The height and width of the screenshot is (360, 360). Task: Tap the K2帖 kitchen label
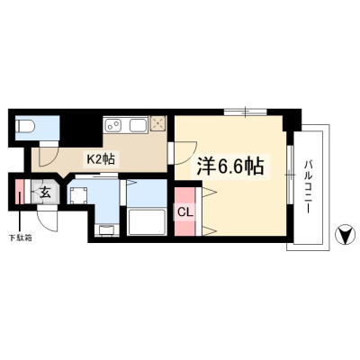tap(101, 159)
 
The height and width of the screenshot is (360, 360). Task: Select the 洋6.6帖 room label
tap(230, 166)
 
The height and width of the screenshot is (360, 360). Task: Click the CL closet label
tap(184, 212)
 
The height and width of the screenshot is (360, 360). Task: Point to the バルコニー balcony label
tap(308, 186)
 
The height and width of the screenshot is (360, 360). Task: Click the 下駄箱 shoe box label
tap(20, 238)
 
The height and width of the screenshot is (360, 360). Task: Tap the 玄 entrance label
tap(45, 193)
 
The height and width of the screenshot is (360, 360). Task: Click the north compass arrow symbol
tap(346, 234)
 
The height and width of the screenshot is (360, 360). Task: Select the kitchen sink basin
tap(139, 125)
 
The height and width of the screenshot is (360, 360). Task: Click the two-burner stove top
tap(112, 125)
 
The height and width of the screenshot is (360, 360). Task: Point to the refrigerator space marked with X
tap(157, 123)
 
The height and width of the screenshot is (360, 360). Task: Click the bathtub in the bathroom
tap(147, 222)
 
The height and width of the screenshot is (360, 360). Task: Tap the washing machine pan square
tap(78, 195)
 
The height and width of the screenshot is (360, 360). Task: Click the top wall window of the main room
tap(246, 112)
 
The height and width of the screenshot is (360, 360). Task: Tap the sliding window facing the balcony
tap(290, 174)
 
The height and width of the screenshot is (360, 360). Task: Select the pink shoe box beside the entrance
tap(19, 192)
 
